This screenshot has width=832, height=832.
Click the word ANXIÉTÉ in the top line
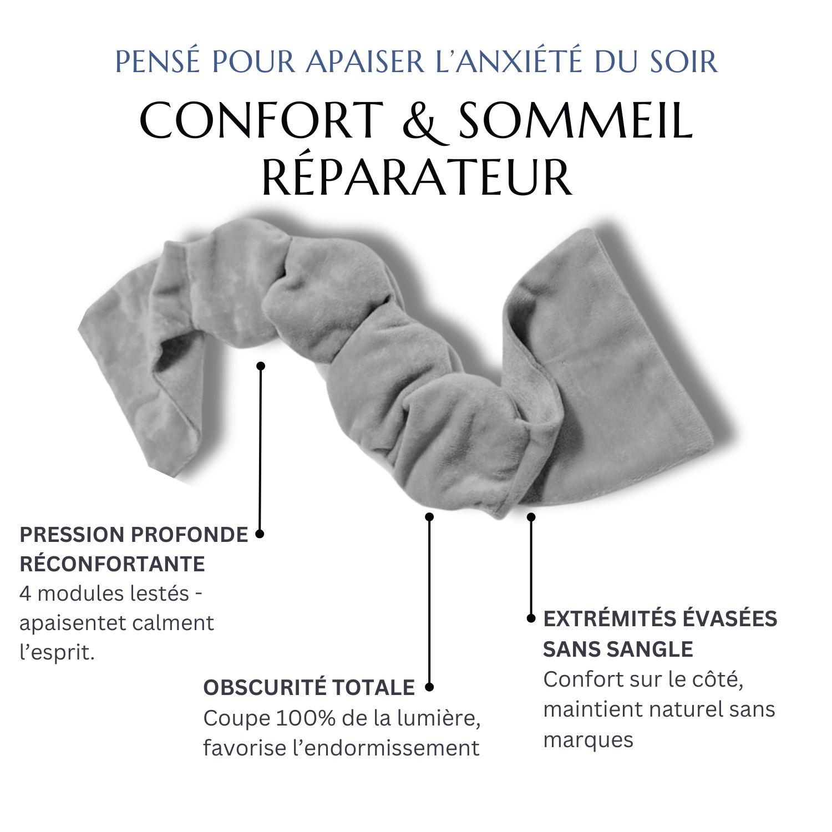(519, 61)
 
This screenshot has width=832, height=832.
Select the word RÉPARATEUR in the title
(417, 177)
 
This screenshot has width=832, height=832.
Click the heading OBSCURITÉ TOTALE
(309, 688)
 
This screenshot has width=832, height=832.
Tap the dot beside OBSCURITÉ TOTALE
(429, 687)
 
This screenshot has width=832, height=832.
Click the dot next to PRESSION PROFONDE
(260, 534)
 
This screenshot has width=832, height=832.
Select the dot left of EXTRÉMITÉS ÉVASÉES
(531, 618)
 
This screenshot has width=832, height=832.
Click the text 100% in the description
(306, 718)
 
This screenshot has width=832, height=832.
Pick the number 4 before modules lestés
(26, 594)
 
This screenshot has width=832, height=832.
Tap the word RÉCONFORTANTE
(113, 564)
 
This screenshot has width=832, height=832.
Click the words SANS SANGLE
(618, 649)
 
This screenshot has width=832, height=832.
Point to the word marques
(588, 740)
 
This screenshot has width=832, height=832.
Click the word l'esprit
(57, 653)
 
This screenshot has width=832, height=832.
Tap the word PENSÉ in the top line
(158, 61)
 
